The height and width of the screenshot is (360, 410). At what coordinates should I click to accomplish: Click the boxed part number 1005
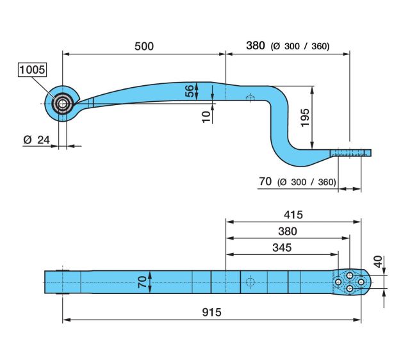click(33, 70)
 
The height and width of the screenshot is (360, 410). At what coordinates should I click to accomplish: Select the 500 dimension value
click(144, 46)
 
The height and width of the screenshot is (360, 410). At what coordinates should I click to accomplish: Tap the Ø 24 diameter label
click(37, 140)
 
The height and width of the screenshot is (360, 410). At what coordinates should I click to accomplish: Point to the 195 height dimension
click(305, 118)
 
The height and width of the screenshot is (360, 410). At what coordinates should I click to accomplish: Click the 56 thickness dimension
click(190, 91)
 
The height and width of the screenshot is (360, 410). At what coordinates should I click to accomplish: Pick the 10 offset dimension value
click(206, 117)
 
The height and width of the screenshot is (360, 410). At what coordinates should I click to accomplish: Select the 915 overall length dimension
click(211, 312)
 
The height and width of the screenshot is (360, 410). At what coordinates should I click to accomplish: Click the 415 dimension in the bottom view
click(293, 215)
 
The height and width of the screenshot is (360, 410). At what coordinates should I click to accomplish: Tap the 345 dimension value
click(282, 248)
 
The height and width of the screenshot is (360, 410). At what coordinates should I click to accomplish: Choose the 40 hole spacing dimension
click(378, 262)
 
